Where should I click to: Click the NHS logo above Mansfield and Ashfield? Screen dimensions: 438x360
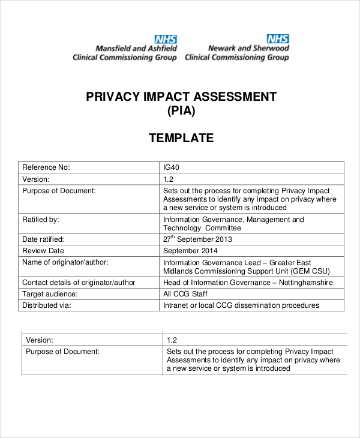pyautogui.click(x=165, y=38)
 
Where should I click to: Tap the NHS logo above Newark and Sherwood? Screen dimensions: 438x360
pyautogui.click(x=277, y=38)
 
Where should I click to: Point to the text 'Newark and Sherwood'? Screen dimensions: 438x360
pyautogui.click(x=248, y=48)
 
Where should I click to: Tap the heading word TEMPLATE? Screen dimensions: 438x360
pyautogui.click(x=181, y=139)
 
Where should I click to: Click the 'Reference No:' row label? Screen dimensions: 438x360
pyautogui.click(x=46, y=167)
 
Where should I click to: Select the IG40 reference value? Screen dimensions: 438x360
pyautogui.click(x=172, y=167)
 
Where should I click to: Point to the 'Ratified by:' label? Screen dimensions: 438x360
pyautogui.click(x=40, y=220)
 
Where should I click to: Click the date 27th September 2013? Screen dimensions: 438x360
pyautogui.click(x=197, y=239)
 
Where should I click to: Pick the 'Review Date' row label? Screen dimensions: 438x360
pyautogui.click(x=43, y=251)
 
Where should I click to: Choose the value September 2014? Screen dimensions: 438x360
pyautogui.click(x=190, y=251)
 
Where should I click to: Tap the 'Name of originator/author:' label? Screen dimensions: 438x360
pyautogui.click(x=65, y=262)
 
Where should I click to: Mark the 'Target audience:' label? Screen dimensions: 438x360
pyautogui.click(x=49, y=294)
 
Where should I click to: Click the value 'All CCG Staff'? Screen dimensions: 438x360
pyautogui.click(x=185, y=294)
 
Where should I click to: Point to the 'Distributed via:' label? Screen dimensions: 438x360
pyautogui.click(x=47, y=305)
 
